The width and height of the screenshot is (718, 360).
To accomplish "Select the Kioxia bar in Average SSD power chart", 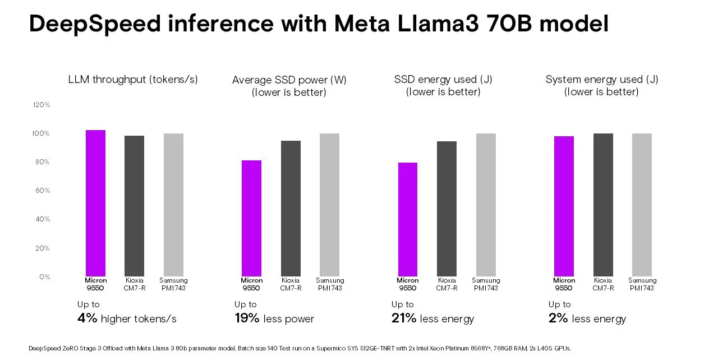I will click(x=291, y=208).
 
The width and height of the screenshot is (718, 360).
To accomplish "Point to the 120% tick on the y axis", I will click(x=42, y=105).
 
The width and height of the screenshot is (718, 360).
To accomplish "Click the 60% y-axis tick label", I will click(x=43, y=191).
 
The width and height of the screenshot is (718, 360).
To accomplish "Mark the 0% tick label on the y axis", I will click(x=45, y=277).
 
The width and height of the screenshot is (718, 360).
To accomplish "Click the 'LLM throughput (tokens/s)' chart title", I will click(x=133, y=80).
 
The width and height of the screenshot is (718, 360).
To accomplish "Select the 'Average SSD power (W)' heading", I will click(x=289, y=80).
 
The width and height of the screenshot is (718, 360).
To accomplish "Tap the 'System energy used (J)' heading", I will click(x=602, y=80).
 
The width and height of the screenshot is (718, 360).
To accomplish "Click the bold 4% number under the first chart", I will click(x=88, y=319).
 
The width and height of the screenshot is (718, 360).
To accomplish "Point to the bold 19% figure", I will click(x=247, y=319).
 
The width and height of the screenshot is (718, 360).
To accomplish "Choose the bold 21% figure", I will click(x=404, y=319).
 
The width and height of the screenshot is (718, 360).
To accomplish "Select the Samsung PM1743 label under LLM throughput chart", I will click(x=173, y=284).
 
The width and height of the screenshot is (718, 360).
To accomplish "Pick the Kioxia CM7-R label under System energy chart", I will click(x=603, y=284).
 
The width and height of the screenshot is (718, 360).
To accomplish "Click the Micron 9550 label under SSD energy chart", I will click(x=408, y=284).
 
